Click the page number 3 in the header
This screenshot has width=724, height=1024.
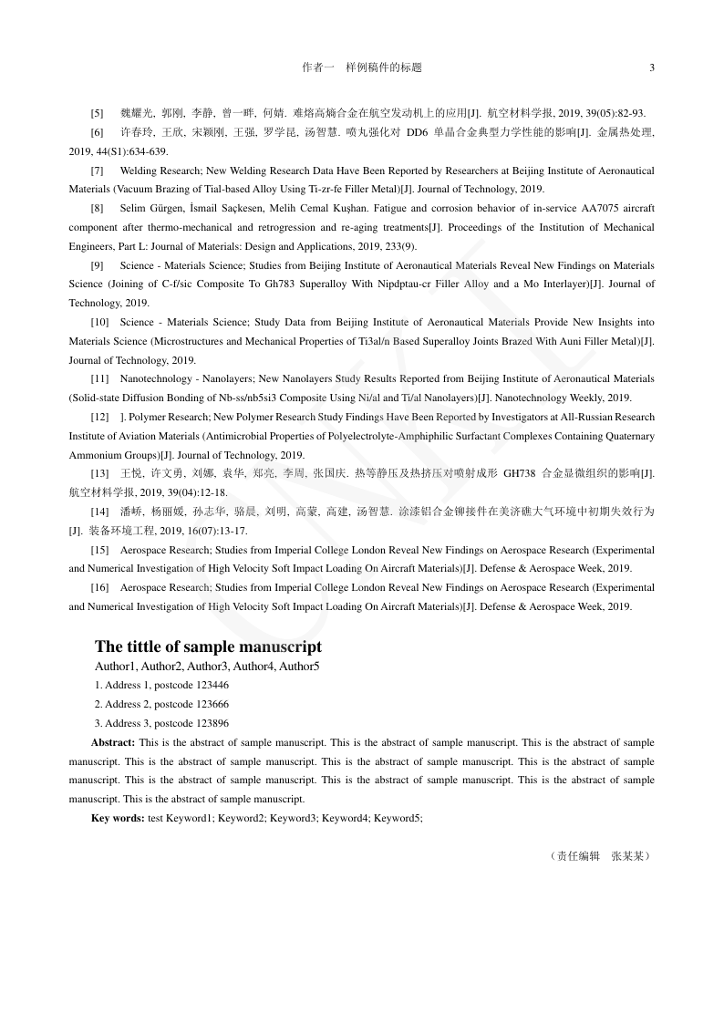pyautogui.click(x=651, y=67)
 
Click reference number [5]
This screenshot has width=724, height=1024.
pyautogui.click(x=98, y=113)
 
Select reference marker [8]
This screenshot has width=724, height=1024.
pyautogui.click(x=98, y=208)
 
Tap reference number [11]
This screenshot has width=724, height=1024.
pyautogui.click(x=100, y=378)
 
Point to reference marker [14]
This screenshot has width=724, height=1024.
pyautogui.click(x=100, y=512)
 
